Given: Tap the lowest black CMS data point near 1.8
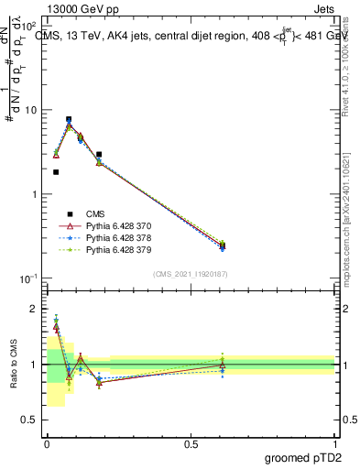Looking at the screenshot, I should (56, 172).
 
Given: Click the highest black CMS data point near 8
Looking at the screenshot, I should (69, 119).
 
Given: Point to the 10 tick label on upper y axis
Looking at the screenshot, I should (32, 110).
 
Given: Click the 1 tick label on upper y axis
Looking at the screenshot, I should (36, 194).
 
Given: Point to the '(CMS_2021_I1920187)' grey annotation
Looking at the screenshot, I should (191, 274).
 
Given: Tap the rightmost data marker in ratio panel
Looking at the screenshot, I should (223, 365).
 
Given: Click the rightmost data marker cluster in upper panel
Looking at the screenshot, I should (223, 245).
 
